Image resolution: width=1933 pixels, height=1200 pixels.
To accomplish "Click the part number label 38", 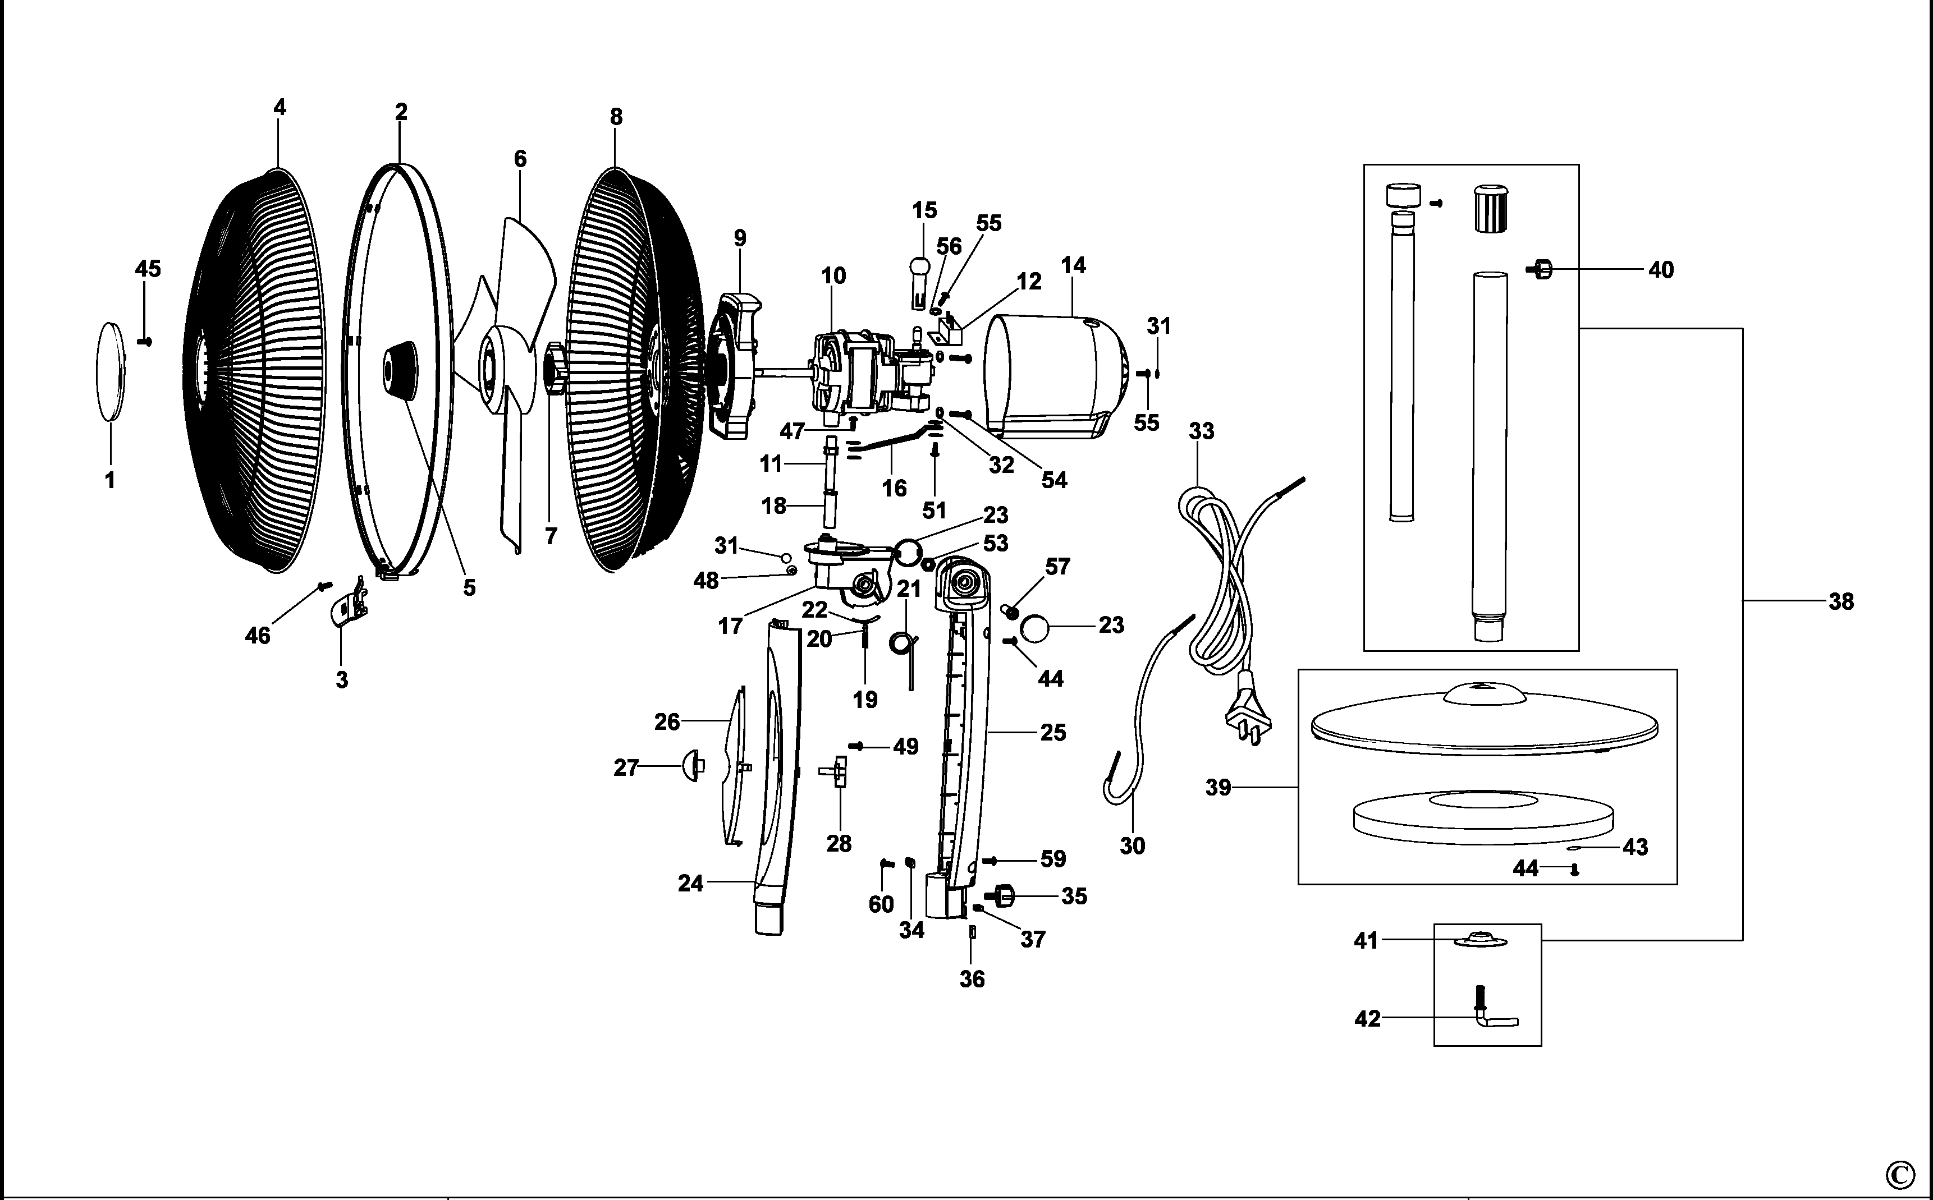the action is coord(1841,601).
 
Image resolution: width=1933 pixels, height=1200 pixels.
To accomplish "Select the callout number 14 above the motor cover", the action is coord(1073,265).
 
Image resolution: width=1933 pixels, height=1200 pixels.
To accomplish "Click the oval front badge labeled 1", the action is coord(111,371).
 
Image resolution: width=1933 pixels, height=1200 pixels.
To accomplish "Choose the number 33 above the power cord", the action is coord(1201,431).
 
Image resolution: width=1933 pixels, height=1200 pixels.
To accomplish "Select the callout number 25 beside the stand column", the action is coord(1052,733).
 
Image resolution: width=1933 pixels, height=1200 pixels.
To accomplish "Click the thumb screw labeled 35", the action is coord(1000,896).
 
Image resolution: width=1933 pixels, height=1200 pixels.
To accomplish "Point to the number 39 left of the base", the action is coord(1218,787).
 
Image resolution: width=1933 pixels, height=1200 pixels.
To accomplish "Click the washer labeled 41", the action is coord(1479,939).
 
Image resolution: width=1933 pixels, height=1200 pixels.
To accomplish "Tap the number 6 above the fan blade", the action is coord(520,159).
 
